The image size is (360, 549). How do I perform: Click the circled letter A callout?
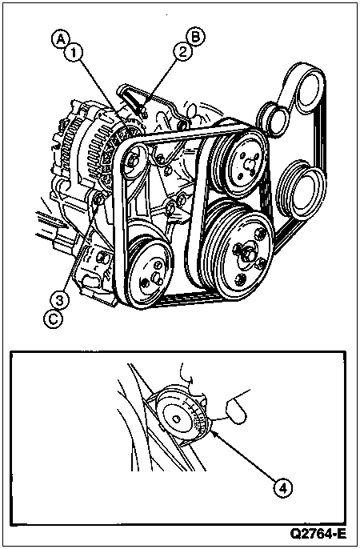pos(61,39)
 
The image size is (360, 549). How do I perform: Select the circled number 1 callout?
pos(74,52)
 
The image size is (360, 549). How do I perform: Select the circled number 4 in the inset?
pos(283,487)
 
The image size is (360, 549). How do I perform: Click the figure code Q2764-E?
pos(318,534)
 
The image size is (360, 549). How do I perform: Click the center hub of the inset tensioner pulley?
pos(177,419)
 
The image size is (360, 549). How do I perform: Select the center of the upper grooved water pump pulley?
pos(249,162)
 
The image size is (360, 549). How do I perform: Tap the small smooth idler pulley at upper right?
pos(271,119)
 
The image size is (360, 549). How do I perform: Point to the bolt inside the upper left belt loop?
pos(133,160)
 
